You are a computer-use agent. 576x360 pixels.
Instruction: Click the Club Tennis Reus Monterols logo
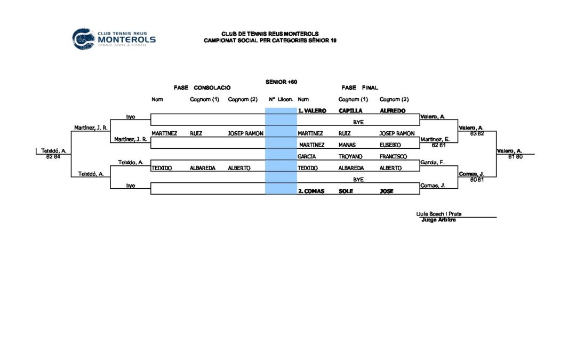pyautogui.click(x=114, y=38)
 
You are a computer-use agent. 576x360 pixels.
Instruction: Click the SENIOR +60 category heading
pyautogui.click(x=282, y=82)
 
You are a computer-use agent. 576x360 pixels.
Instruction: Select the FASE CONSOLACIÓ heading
pyautogui.click(x=202, y=88)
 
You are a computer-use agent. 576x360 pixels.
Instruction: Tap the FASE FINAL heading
pyautogui.click(x=359, y=88)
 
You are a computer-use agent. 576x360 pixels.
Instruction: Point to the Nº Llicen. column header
pyautogui.click(x=281, y=99)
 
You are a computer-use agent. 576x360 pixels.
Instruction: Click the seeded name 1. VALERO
pyautogui.click(x=312, y=110)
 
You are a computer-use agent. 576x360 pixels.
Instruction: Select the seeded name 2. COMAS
pyautogui.click(x=311, y=191)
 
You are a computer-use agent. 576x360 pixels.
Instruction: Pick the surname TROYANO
pyautogui.click(x=350, y=156)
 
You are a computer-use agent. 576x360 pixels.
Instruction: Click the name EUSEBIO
pyautogui.click(x=390, y=145)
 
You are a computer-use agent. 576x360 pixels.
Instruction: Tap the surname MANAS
pyautogui.click(x=347, y=145)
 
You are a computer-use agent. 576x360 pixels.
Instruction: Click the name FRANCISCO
pyautogui.click(x=393, y=156)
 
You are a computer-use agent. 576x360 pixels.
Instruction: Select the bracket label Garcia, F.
pyautogui.click(x=433, y=162)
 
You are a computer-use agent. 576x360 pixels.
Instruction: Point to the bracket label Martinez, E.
pyautogui.click(x=435, y=139)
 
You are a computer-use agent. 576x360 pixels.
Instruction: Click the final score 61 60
pyautogui.click(x=515, y=157)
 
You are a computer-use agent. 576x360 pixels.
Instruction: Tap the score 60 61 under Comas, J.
pyautogui.click(x=477, y=180)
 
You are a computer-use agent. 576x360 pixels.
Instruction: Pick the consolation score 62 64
pyautogui.click(x=53, y=157)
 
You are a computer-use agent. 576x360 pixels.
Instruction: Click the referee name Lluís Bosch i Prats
pyautogui.click(x=438, y=214)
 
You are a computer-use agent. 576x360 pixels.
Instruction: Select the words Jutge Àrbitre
pyautogui.click(x=438, y=220)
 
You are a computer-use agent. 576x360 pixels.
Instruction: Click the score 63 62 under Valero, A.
pyautogui.click(x=477, y=134)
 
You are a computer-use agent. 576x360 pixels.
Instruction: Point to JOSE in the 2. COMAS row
pyautogui.click(x=387, y=191)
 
